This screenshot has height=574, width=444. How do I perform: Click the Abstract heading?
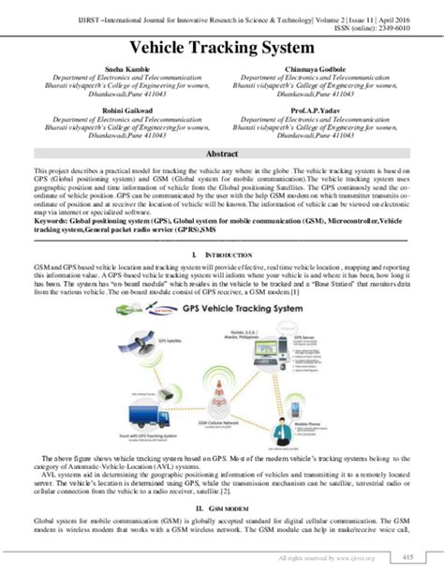(x=222, y=153)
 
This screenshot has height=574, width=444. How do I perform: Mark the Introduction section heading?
(x=222, y=254)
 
